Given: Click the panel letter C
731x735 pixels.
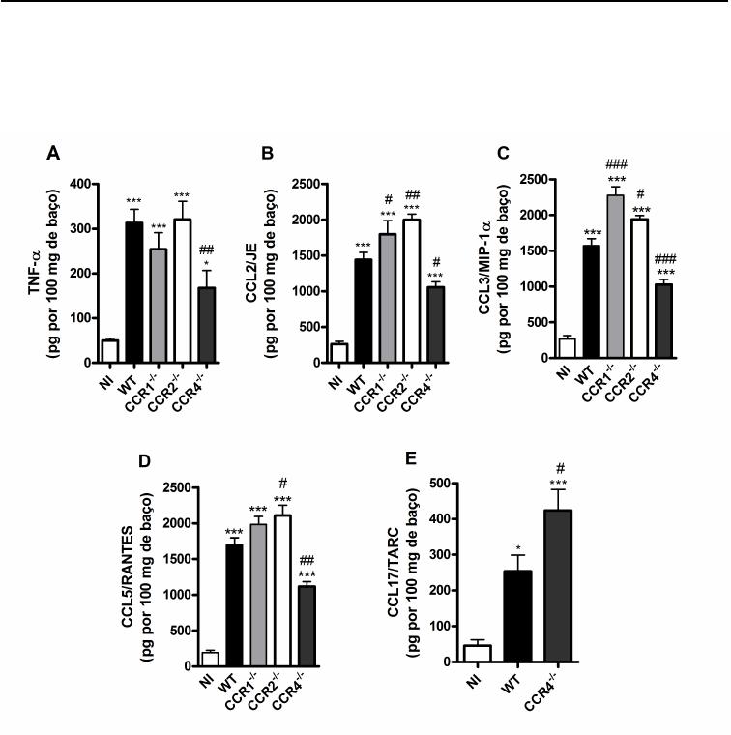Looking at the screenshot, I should (501, 153).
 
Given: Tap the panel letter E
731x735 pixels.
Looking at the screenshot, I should (411, 457).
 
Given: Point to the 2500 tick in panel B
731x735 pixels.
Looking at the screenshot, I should (307, 184).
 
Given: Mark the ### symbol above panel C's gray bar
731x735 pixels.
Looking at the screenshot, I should (613, 165).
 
